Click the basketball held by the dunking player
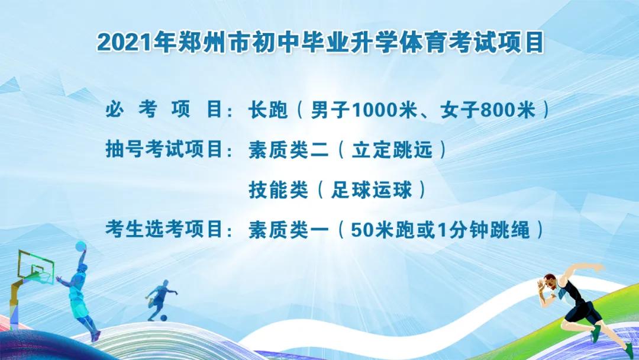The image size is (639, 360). [81, 245]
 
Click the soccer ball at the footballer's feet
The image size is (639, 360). [164, 318]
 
